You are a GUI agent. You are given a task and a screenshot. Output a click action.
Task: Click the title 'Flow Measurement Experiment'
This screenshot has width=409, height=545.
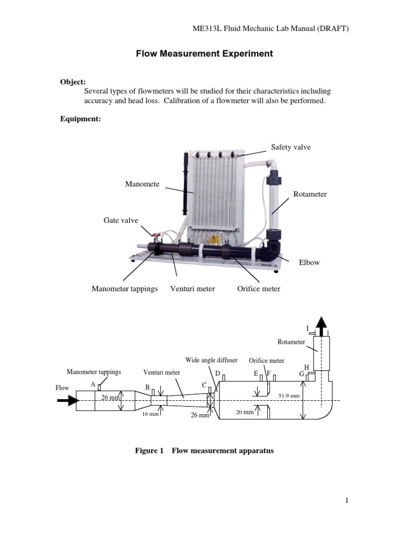tap(204, 54)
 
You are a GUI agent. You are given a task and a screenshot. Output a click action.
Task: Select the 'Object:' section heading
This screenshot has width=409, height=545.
tap(72, 82)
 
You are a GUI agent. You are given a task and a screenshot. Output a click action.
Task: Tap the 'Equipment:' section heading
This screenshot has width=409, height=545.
tap(80, 119)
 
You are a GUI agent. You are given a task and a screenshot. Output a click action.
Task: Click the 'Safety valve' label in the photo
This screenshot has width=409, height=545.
tap(291, 147)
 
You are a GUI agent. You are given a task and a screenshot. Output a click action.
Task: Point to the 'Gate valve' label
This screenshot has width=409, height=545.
tap(120, 219)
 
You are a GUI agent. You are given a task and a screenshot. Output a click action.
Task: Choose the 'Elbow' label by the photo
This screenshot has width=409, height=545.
tap(309, 262)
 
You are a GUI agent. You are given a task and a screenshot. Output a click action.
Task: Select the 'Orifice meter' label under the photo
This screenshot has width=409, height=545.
tap(258, 289)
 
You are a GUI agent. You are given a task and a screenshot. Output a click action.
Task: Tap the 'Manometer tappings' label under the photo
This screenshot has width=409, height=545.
tap(125, 289)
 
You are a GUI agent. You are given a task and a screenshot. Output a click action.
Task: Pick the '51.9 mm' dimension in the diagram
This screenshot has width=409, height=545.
tap(289, 396)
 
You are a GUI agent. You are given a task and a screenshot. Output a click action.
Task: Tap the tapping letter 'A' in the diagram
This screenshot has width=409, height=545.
tap(93, 384)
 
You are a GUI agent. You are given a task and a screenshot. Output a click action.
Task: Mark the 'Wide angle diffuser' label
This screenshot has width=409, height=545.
tap(211, 360)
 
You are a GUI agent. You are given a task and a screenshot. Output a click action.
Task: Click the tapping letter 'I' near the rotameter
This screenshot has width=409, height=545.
tap(307, 328)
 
